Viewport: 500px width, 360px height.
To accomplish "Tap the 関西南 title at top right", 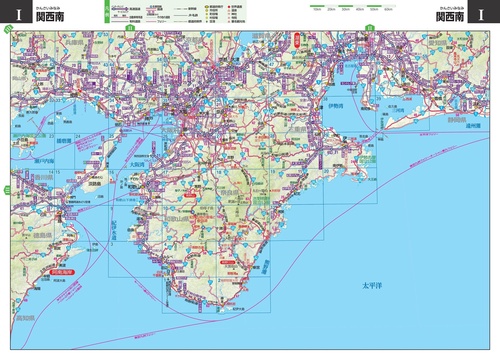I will pyautogui.click(x=449, y=17).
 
